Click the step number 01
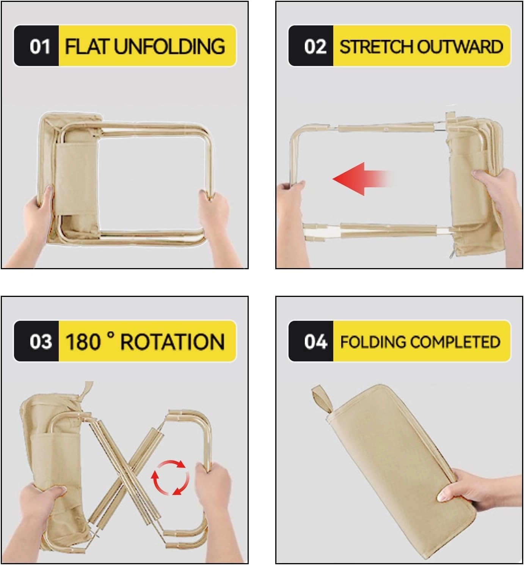click(x=40, y=46)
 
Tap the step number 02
click(x=314, y=46)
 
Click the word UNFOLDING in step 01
click(x=169, y=46)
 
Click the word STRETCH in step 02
click(x=377, y=46)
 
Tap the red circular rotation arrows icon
click(x=170, y=477)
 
